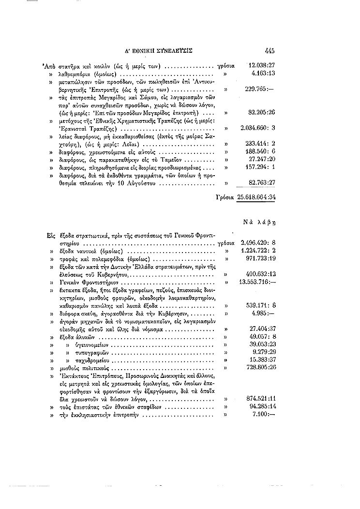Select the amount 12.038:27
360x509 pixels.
pos(262,65)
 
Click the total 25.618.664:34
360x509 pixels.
pos(256,197)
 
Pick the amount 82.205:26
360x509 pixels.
pos(262,112)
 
